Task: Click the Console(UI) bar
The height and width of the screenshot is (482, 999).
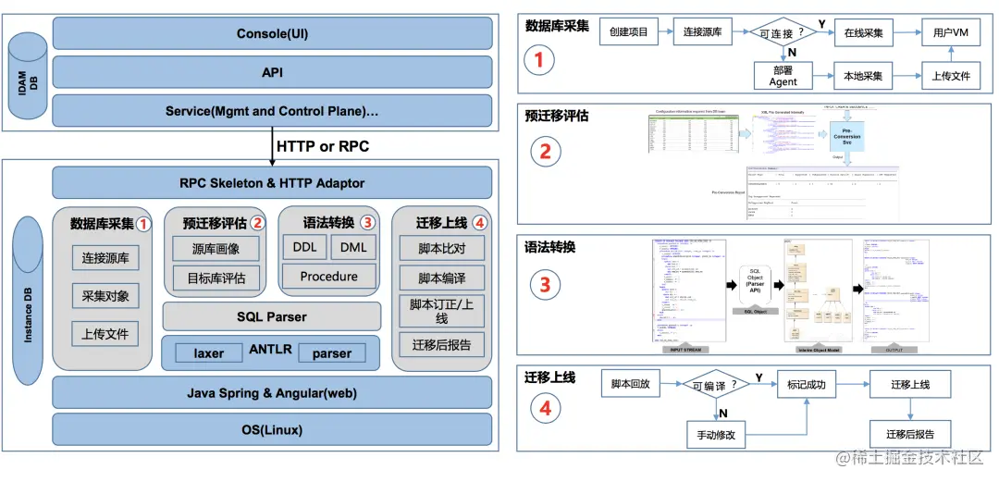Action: point(272,34)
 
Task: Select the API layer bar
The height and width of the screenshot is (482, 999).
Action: point(272,72)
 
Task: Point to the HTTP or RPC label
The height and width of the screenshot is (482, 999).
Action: point(322,146)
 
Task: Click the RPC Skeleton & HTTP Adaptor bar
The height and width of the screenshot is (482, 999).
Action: point(272,183)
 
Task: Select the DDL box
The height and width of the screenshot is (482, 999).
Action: point(304,248)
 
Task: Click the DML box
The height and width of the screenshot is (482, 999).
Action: point(352,248)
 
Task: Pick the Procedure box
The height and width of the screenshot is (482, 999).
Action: point(328,276)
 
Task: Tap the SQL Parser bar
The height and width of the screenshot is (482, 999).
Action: point(272,316)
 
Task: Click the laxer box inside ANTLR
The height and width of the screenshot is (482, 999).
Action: point(209,353)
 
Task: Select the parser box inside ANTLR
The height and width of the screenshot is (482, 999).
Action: point(331,353)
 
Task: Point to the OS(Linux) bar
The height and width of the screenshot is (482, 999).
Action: point(272,430)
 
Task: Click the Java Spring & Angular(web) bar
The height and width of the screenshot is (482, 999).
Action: point(272,393)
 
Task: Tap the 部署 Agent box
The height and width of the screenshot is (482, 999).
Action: point(783,76)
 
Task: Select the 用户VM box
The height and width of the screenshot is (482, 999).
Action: point(951,32)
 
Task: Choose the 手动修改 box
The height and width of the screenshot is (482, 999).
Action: point(716,434)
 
